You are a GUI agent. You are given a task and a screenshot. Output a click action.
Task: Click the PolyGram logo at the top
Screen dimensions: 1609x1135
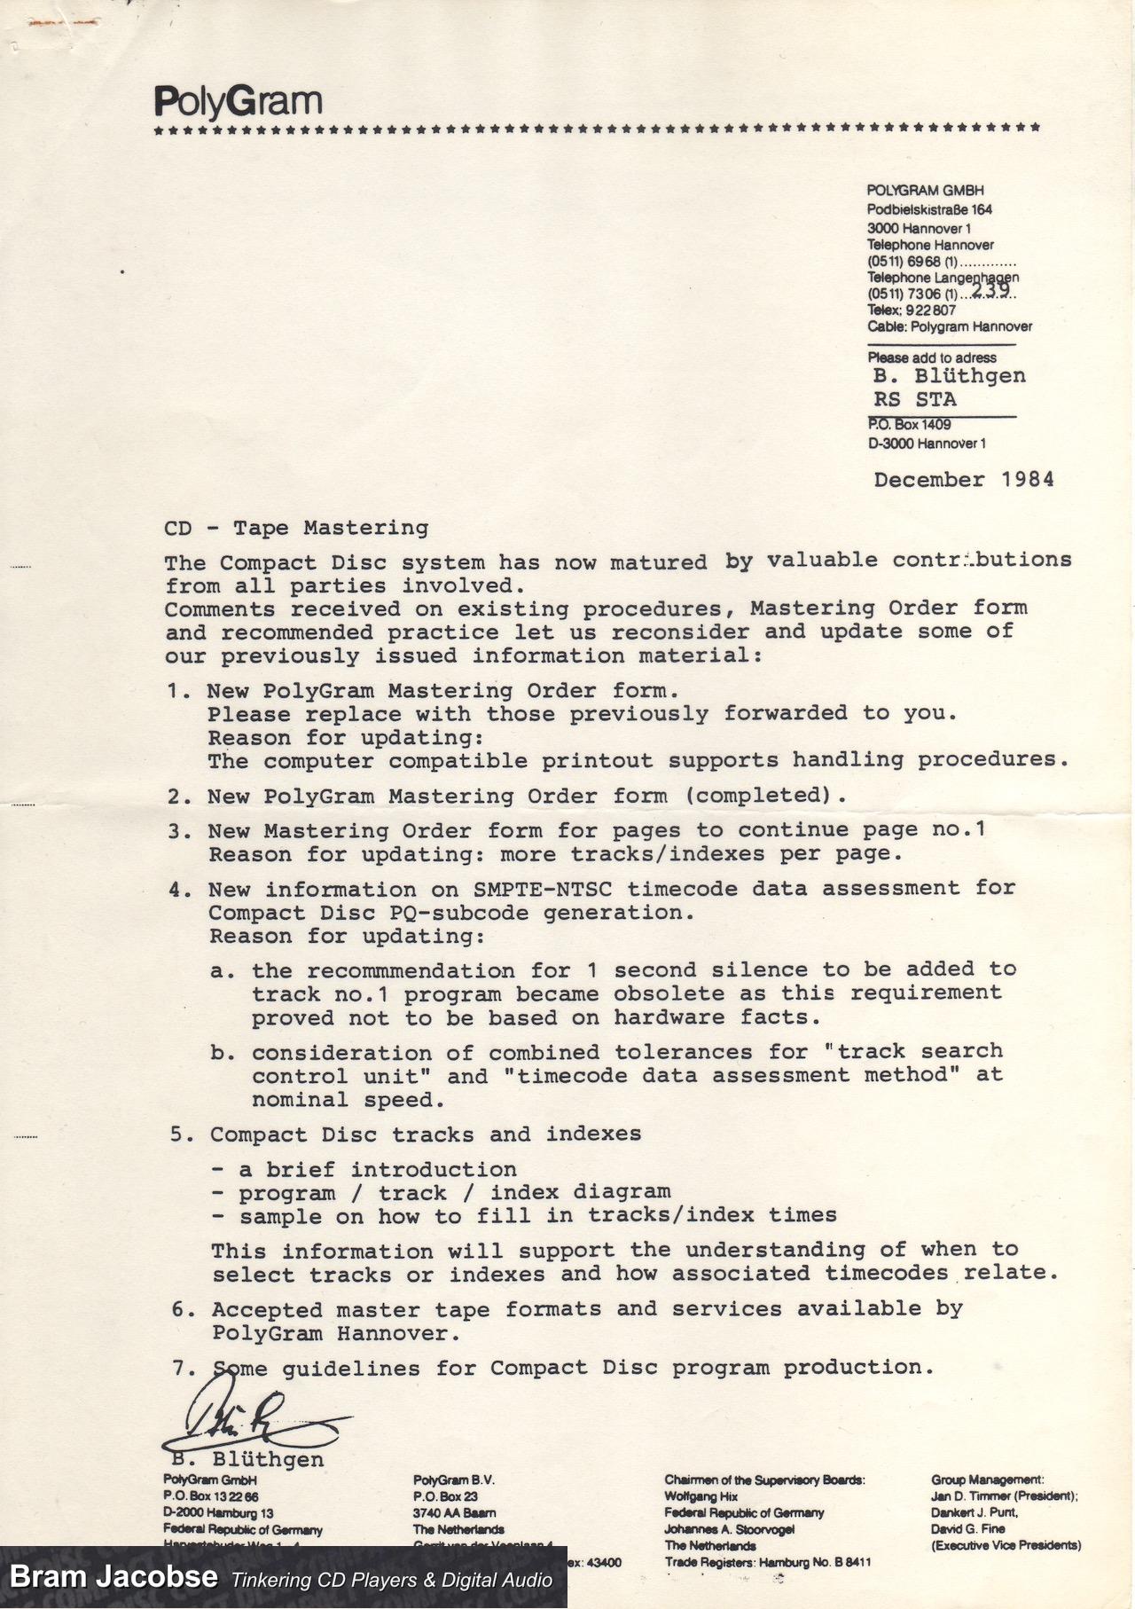(238, 102)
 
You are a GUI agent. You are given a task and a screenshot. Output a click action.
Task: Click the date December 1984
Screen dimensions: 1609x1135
(964, 480)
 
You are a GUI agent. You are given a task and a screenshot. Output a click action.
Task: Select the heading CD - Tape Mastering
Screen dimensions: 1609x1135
(296, 528)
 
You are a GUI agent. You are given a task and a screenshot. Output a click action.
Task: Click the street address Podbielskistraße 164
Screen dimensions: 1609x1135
(929, 209)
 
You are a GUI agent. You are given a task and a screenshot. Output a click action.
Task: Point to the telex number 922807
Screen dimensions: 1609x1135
(931, 310)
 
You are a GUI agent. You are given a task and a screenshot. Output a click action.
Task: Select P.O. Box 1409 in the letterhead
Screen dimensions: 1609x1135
(909, 425)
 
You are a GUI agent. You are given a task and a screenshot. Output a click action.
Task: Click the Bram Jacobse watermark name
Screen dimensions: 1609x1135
(113, 1577)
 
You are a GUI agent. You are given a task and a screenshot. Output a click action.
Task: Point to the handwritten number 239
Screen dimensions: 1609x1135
(990, 289)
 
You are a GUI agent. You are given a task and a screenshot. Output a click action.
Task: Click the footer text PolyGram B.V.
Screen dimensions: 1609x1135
(453, 1480)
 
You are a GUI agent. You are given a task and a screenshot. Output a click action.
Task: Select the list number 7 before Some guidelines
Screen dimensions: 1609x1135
(184, 1368)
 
